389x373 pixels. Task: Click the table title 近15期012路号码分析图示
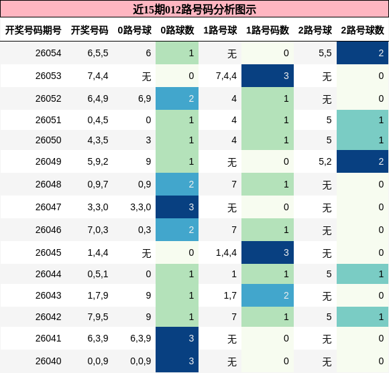[x=194, y=9]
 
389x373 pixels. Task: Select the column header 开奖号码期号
[x=34, y=31]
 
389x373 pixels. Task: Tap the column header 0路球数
[x=177, y=31]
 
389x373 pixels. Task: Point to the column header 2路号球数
[x=362, y=31]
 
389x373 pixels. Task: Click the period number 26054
[x=48, y=54]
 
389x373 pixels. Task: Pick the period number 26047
[x=48, y=207]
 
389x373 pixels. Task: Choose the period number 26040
[x=48, y=361]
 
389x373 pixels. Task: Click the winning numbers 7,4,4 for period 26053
[x=98, y=76]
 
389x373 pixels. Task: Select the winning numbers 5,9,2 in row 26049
[x=98, y=161]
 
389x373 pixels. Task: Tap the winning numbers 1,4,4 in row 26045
[x=98, y=252]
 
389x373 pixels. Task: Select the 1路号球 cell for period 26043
[x=229, y=295]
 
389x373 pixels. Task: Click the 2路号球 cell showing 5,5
[x=325, y=54]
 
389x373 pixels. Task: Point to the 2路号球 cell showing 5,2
[x=325, y=161]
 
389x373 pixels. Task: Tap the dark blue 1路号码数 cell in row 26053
[x=268, y=76]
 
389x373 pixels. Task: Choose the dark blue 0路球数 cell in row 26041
[x=177, y=338]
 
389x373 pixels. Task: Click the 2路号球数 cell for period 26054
[x=362, y=54]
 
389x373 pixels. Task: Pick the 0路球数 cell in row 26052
[x=177, y=98]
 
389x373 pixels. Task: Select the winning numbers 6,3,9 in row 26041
[x=98, y=338]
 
